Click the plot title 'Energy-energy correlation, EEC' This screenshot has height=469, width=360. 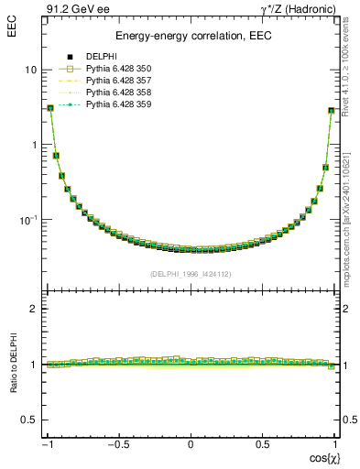pos(191,36)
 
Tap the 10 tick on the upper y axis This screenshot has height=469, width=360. pos(31,70)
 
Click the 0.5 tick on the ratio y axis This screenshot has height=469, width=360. pos(29,420)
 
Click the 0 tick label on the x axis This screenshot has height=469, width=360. pos(191,444)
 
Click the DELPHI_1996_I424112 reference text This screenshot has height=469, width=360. pos(191,274)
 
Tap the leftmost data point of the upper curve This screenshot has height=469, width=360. pos(50,108)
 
